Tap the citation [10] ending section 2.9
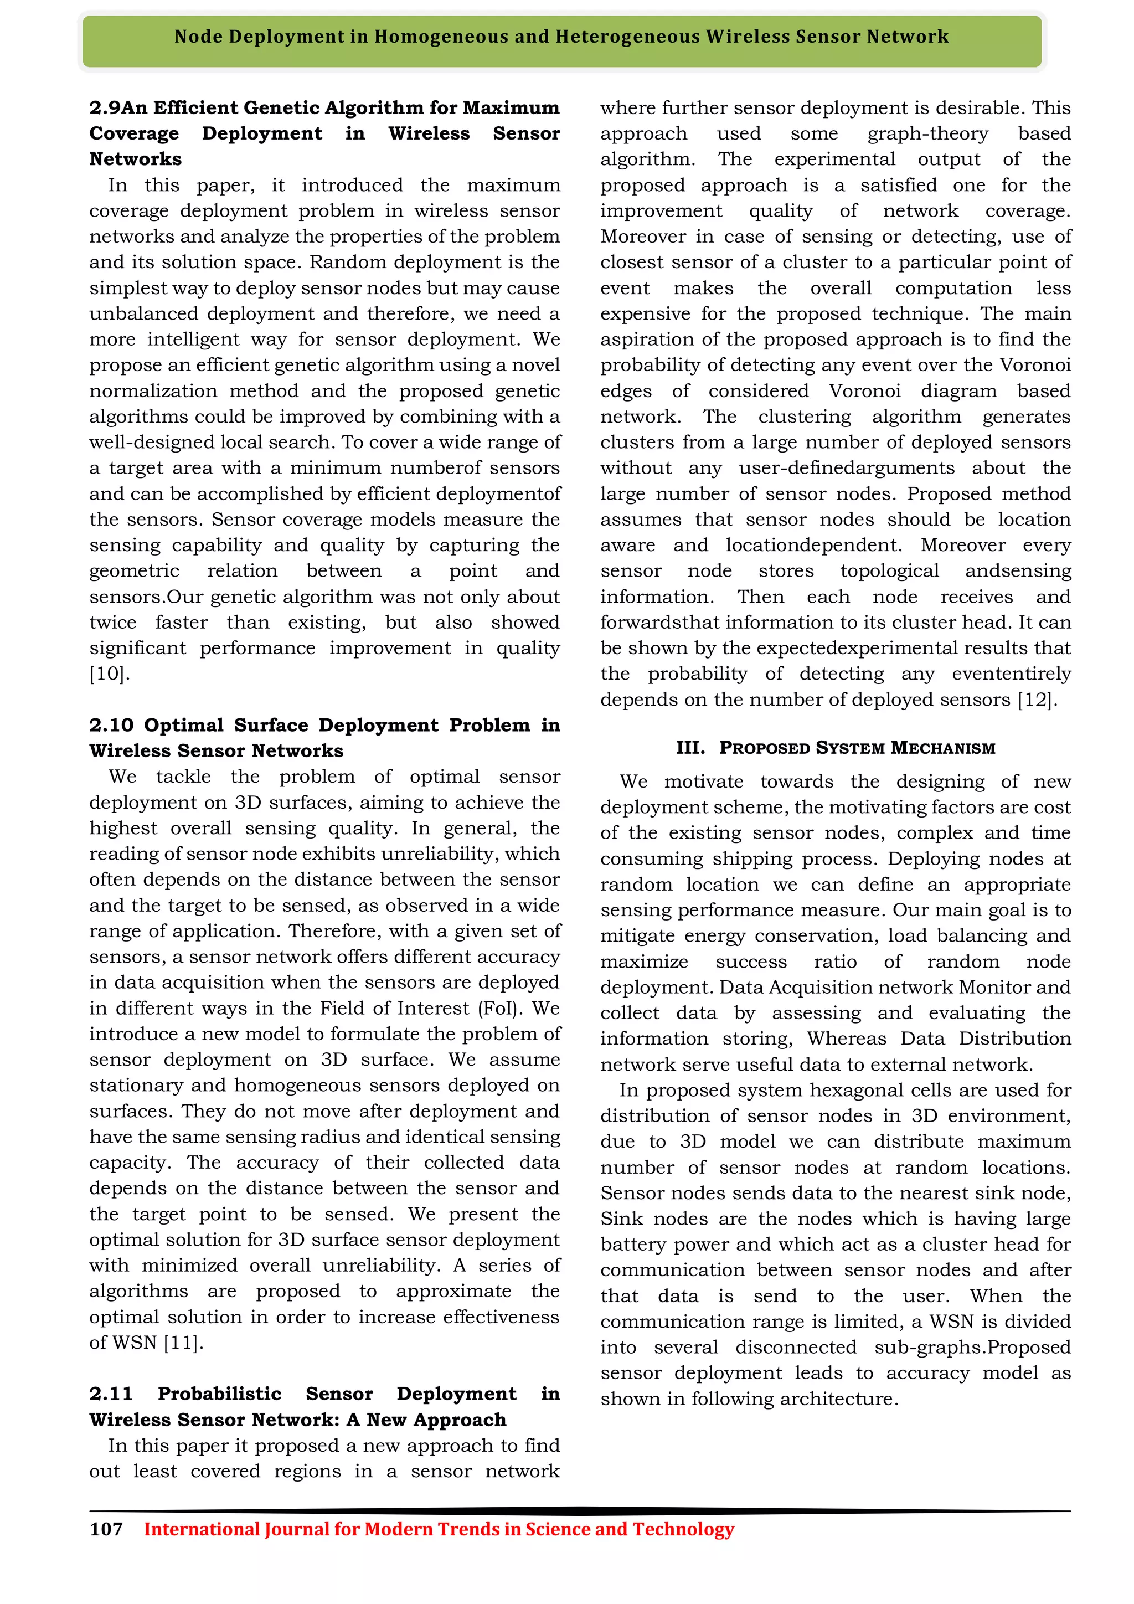click(110, 674)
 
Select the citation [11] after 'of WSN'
click(183, 1343)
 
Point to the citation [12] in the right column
click(1038, 700)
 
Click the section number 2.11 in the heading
click(111, 1394)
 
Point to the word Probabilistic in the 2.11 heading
click(219, 1394)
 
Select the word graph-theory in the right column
click(928, 133)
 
